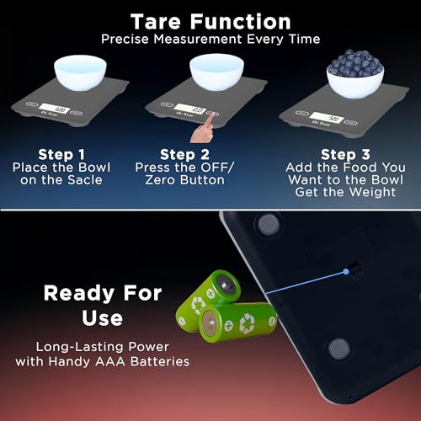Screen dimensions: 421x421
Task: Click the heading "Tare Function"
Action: (x=210, y=20)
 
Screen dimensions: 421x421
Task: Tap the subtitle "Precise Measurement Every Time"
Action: (x=210, y=40)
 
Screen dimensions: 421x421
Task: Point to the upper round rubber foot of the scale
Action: (x=269, y=223)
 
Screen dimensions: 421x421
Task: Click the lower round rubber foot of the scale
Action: (x=339, y=348)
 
